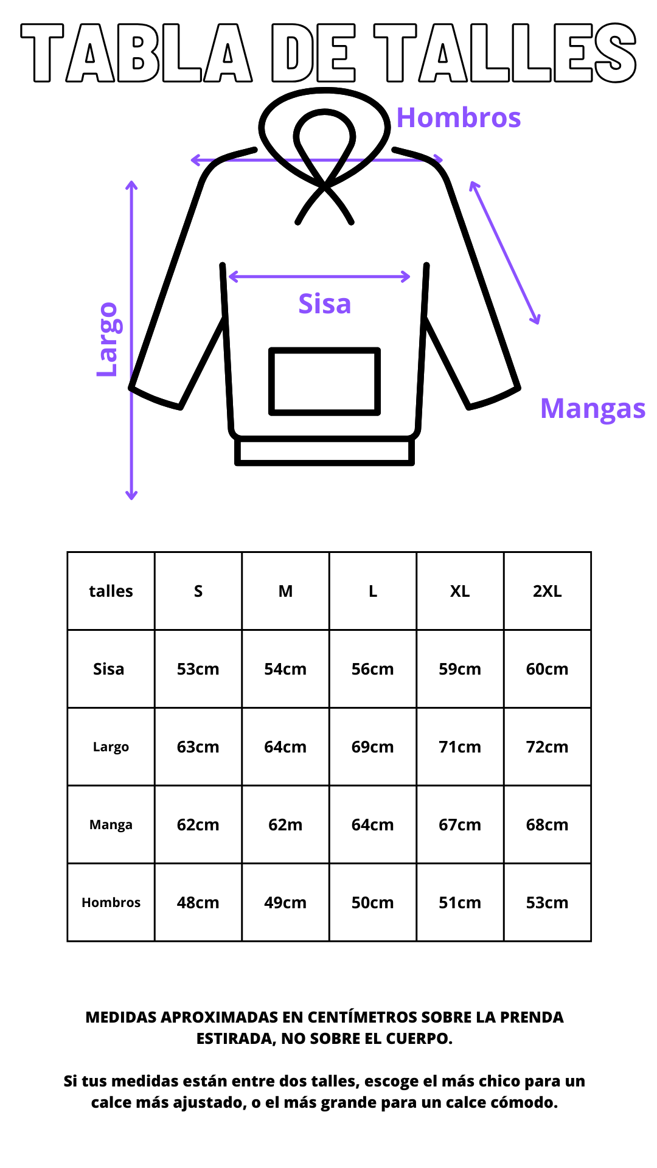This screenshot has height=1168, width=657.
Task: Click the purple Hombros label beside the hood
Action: (459, 117)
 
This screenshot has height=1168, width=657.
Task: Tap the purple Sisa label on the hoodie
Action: (325, 304)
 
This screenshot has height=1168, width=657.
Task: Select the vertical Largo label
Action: (108, 339)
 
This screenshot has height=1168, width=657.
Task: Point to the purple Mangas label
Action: (593, 409)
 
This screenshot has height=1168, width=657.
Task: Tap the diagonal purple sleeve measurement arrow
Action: (504, 252)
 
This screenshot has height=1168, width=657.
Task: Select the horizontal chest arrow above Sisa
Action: (319, 277)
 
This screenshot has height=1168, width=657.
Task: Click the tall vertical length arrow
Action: (131, 340)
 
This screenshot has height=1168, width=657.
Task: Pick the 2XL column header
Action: (547, 591)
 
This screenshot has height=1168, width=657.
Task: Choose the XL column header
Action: (460, 591)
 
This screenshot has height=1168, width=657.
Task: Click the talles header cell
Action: (111, 591)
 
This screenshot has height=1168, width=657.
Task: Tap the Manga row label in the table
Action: (111, 825)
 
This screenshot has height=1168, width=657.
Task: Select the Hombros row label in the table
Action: (111, 902)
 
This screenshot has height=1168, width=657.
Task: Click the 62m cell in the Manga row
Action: (285, 825)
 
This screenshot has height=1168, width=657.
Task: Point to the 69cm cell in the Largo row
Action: (372, 747)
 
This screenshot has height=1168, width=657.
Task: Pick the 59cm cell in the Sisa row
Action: (460, 669)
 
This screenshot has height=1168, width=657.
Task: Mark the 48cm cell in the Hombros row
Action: (198, 903)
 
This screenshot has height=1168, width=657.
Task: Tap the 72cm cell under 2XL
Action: (547, 747)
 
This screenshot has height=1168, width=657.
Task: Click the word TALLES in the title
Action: (505, 52)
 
